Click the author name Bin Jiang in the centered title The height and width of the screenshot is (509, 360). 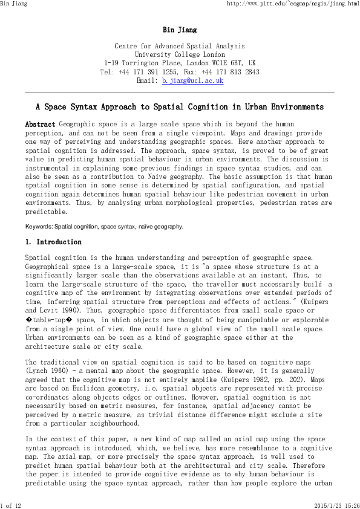(x=180, y=30)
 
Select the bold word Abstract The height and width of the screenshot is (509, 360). (x=40, y=124)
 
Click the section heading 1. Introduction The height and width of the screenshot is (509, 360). (x=53, y=242)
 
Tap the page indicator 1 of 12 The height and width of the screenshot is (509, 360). (x=11, y=505)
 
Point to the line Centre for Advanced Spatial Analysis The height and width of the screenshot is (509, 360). (x=180, y=46)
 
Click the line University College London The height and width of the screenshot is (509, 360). (x=180, y=54)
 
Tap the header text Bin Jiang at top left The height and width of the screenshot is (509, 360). (x=14, y=4)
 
